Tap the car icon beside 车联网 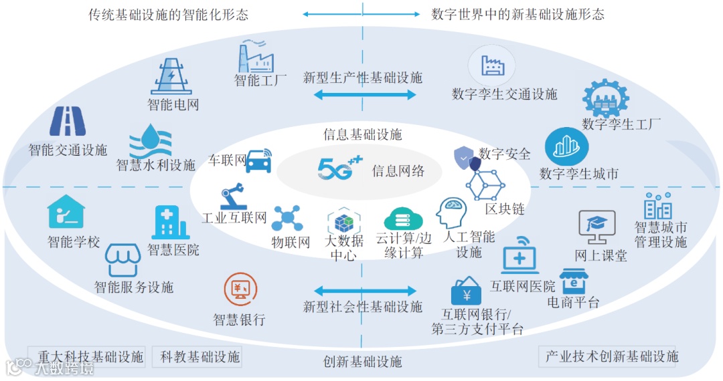pyautogui.click(x=258, y=160)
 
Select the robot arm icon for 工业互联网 pyautogui.click(x=234, y=198)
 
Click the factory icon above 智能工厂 pyautogui.click(x=256, y=55)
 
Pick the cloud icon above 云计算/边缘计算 pyautogui.click(x=403, y=219)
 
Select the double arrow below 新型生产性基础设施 pyautogui.click(x=365, y=96)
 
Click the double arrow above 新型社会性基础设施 pyautogui.click(x=365, y=291)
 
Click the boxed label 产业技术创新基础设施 pyautogui.click(x=611, y=356)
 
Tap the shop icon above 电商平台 pyautogui.click(x=577, y=281)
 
